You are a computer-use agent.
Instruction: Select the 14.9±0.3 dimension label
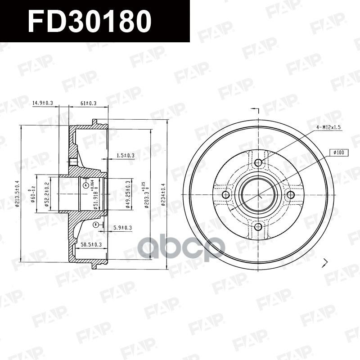coord(42,103)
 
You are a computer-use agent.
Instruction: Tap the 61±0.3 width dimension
coord(89,103)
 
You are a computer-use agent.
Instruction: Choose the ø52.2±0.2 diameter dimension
coord(46,193)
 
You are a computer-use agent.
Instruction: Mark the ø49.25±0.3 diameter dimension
coord(128,194)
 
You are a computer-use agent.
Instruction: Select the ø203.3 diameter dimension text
coord(146,194)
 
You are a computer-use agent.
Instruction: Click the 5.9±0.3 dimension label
coord(123,228)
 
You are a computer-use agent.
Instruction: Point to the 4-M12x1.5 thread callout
coord(328,128)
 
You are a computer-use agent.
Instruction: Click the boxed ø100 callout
coord(339,153)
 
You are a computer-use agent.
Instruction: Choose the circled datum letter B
coord(95,224)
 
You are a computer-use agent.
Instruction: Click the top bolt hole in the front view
coord(258,162)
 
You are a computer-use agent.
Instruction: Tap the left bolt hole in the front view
coord(226,194)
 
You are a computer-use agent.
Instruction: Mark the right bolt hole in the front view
coord(291,194)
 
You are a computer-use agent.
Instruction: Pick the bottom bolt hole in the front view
coord(258,226)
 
